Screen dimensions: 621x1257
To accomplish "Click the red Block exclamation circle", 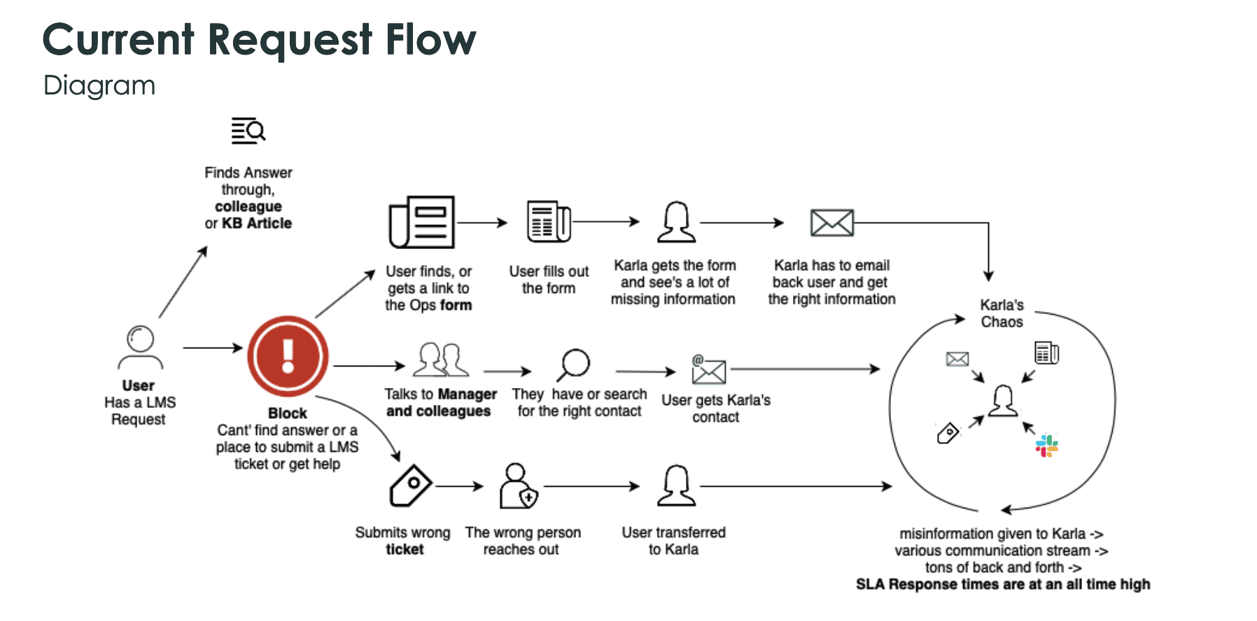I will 288,356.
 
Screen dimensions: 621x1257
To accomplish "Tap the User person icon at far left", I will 141,347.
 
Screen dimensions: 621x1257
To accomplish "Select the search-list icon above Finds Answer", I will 248,131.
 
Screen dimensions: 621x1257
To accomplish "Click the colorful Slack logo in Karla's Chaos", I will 1046,445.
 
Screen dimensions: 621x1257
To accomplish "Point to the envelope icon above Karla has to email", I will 831,223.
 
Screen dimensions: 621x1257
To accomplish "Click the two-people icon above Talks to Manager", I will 441,359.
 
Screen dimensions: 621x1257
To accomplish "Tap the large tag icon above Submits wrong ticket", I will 410,485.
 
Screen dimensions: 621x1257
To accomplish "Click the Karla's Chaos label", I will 1002,313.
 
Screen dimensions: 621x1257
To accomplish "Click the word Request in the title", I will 290,40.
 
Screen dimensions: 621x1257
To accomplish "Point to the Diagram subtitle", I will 99,85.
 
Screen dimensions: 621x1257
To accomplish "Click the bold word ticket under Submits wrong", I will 405,549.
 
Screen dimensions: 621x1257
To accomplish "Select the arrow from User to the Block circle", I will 212,348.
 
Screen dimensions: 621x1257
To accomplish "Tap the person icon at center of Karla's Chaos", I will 1003,401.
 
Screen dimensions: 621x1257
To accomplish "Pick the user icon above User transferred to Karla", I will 676,485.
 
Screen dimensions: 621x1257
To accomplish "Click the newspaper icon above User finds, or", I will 421,222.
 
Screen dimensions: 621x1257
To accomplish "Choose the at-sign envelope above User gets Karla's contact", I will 708,369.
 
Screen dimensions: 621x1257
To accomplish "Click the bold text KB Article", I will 257,223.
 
